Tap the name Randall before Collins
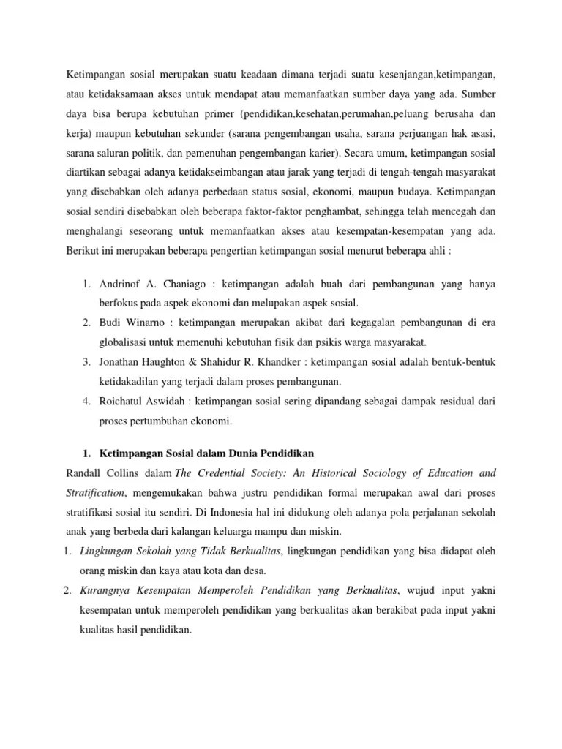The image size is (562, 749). tap(86, 473)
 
